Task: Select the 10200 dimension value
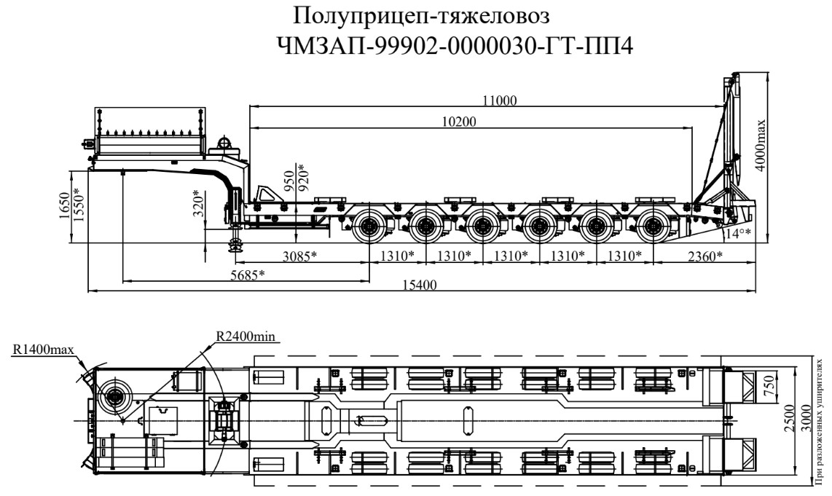pos(461,122)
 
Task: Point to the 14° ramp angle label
pos(739,233)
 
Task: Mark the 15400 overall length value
pos(420,284)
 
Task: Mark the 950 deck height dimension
pos(289,179)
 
